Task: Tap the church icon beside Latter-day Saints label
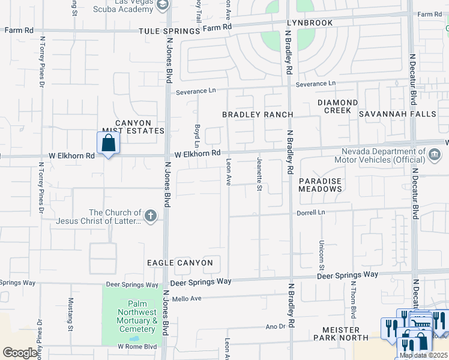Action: (150, 215)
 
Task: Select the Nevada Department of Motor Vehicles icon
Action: (434, 155)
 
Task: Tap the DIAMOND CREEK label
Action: (337, 106)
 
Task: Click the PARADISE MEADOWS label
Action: (321, 185)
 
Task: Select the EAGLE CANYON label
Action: (180, 263)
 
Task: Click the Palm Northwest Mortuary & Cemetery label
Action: (137, 316)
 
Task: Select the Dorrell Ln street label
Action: (310, 212)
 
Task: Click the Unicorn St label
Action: (321, 254)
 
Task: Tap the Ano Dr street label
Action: (275, 326)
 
